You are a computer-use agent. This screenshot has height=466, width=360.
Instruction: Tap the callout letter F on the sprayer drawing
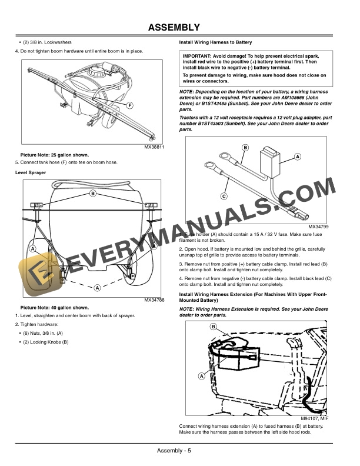point(129,105)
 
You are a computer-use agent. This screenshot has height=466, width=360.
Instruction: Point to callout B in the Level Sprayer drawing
point(92,193)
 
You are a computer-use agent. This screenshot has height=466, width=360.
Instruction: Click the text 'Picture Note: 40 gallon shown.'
point(55,308)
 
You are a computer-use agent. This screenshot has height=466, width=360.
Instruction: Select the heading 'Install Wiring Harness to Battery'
point(215,43)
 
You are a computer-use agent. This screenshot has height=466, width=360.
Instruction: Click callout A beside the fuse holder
point(297,156)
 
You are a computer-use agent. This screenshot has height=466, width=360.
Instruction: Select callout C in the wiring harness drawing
point(224,195)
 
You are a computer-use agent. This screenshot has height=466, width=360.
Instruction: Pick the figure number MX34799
point(318,226)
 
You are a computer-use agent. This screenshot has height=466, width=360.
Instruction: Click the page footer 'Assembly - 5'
point(174,451)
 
